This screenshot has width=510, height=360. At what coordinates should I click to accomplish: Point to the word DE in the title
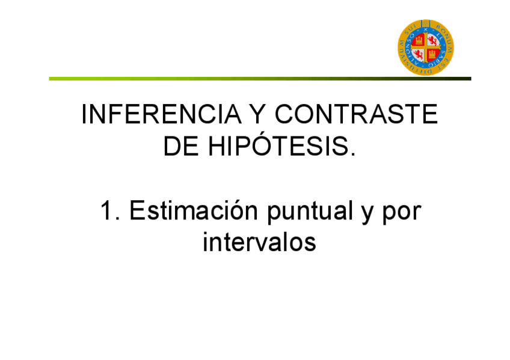[180, 147]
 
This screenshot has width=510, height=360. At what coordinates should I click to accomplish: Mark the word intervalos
[259, 243]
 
